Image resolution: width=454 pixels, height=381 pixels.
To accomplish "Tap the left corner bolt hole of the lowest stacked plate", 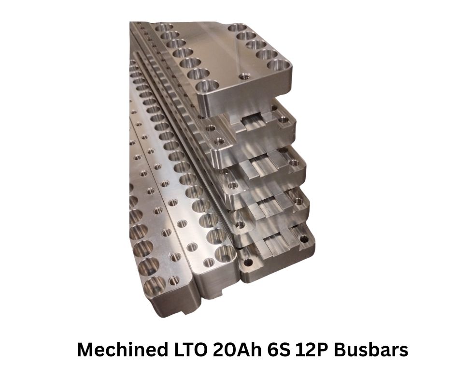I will [x=248, y=264].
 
